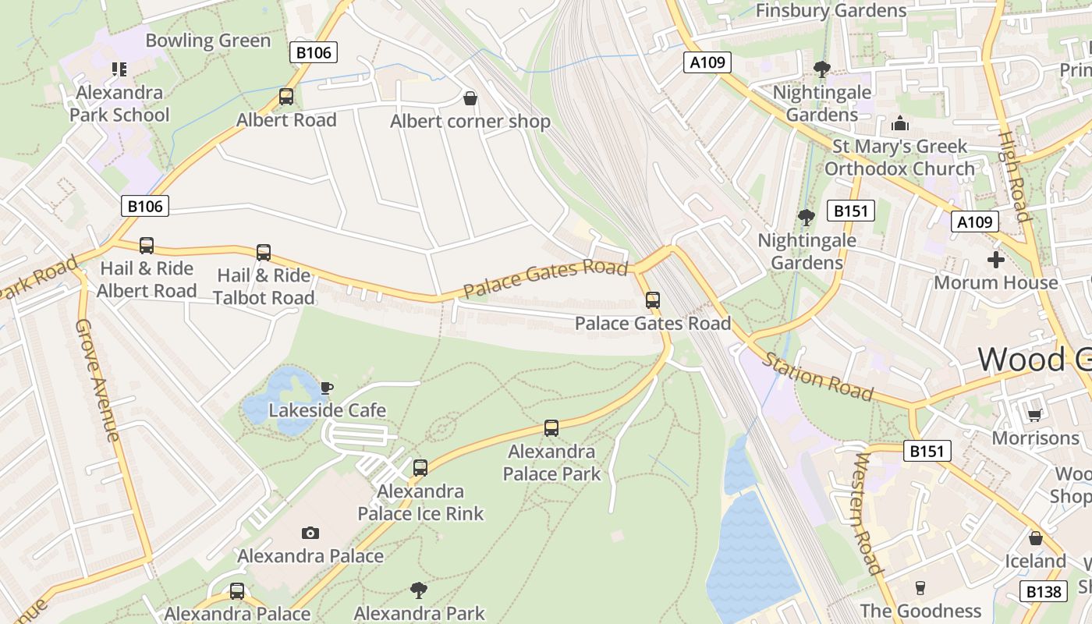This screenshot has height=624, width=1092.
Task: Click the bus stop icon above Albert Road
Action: click(x=286, y=97)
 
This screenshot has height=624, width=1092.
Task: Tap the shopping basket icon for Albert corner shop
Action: click(x=470, y=98)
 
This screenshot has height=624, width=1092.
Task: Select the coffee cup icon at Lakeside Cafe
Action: click(x=327, y=388)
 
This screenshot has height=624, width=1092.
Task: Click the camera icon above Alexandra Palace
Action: click(x=310, y=533)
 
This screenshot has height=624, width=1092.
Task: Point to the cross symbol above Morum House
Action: click(x=995, y=260)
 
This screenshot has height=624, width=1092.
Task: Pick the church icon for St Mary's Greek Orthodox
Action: click(x=899, y=123)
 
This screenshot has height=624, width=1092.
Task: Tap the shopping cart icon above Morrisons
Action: click(x=1034, y=415)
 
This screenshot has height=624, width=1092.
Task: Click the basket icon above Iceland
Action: click(x=1035, y=538)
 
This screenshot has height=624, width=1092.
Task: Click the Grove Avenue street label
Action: click(x=97, y=380)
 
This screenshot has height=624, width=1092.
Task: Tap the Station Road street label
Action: click(x=817, y=376)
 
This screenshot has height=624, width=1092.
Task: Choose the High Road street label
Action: click(x=1015, y=175)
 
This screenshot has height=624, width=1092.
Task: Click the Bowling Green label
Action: click(x=207, y=41)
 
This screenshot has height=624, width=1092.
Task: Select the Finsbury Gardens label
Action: click(x=831, y=11)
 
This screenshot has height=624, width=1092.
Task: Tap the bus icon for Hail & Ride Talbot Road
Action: click(x=264, y=253)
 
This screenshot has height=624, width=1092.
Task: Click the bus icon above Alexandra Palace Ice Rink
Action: click(x=420, y=468)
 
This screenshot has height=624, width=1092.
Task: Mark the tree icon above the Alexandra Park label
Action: click(x=419, y=590)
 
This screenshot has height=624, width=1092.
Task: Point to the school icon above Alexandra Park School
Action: click(x=119, y=69)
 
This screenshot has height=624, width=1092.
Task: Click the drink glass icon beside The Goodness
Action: click(x=920, y=588)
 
